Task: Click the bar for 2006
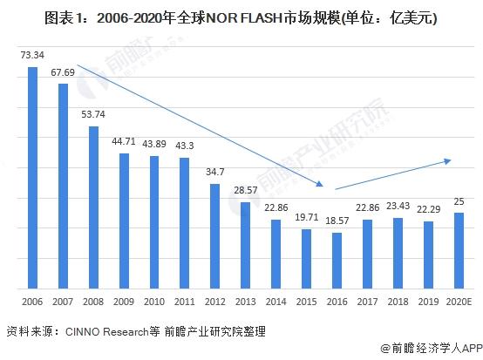[x=32, y=178]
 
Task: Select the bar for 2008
[x=93, y=207]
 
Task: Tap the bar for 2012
[x=215, y=236]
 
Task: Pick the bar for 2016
[x=337, y=261]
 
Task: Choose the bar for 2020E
[x=459, y=251]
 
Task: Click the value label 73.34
[x=32, y=55]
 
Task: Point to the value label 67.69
[x=63, y=72]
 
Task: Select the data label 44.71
[x=124, y=141]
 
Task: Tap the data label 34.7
[x=215, y=172]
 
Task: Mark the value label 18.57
[x=337, y=221]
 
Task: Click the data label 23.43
[x=398, y=206]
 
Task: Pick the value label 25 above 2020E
[x=459, y=201]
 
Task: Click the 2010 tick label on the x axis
[x=154, y=302]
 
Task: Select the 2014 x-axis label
[x=276, y=302]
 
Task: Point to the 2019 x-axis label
[x=428, y=302]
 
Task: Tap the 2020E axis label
[x=459, y=302]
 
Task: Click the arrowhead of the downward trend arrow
[x=320, y=184]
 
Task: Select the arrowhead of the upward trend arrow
[x=447, y=161]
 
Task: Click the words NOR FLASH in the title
[x=243, y=18]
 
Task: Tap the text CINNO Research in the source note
[x=107, y=331]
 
